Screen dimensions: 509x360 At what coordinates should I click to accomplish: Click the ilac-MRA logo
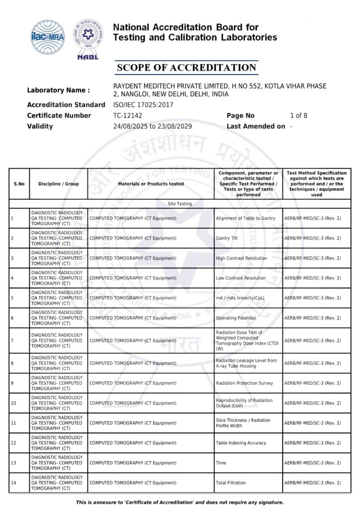coord(48,35)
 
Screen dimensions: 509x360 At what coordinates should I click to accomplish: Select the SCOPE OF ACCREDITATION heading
coord(186,68)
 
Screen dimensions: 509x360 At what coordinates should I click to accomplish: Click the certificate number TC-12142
coord(128,116)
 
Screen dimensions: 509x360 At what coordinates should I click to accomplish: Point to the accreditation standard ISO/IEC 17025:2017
coord(144,105)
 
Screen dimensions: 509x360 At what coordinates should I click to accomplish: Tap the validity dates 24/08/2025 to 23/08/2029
coord(153,126)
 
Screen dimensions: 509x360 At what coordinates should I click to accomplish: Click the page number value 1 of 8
coord(298,116)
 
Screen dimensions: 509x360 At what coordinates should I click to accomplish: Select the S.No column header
coord(19,184)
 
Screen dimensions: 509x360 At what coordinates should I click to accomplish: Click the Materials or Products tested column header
coord(151,184)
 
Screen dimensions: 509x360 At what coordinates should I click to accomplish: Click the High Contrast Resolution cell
coord(241,258)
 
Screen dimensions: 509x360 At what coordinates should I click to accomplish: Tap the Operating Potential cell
coord(236,318)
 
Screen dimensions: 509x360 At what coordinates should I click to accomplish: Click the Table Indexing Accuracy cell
coord(241,443)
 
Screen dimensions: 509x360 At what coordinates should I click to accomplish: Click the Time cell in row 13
coord(221,463)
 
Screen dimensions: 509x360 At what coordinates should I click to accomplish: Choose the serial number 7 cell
coord(12,340)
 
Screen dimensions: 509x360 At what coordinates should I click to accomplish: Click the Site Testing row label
coord(180,204)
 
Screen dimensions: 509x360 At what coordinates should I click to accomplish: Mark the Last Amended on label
coord(256,126)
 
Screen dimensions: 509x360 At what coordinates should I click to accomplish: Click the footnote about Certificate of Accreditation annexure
coord(180,503)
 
